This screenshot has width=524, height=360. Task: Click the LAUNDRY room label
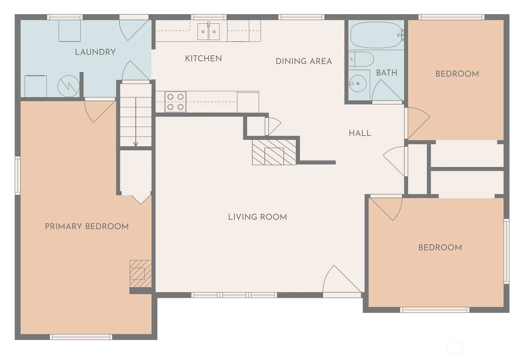tap(95, 52)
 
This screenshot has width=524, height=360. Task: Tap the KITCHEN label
tap(203, 58)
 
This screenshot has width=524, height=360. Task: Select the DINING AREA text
tap(304, 61)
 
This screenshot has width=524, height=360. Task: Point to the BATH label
tap(386, 73)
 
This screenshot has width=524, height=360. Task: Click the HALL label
tap(360, 133)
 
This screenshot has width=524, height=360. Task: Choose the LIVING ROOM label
tap(257, 217)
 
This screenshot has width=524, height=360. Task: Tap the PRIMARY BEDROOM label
tap(87, 227)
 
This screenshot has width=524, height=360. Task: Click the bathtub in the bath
tap(376, 35)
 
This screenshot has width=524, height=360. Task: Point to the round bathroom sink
tap(358, 83)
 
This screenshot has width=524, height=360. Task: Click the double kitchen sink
tap(209, 31)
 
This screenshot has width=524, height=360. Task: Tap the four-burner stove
tap(175, 102)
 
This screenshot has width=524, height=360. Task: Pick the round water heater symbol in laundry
tap(69, 86)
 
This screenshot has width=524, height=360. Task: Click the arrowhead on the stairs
tap(136, 144)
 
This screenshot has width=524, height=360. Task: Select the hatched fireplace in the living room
tap(274, 152)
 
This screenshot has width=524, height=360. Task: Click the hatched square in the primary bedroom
tap(140, 274)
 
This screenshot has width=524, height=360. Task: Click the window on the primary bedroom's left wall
tap(18, 175)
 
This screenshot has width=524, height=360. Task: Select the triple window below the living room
tap(234, 295)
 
